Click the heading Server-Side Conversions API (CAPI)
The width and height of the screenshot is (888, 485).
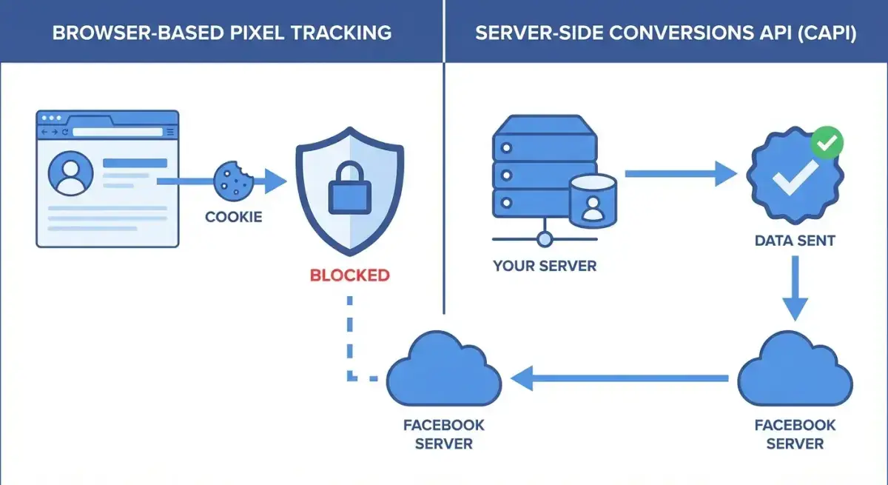(665, 33)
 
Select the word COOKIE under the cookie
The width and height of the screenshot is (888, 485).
(233, 218)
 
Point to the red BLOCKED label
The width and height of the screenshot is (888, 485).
(349, 275)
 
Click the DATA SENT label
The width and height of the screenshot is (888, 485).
(796, 241)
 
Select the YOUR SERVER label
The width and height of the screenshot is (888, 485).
(545, 265)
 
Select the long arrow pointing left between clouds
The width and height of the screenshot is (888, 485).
(622, 379)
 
